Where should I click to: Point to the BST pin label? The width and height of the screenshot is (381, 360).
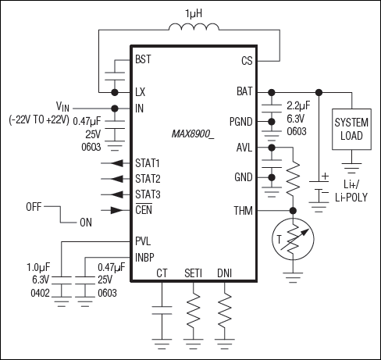pyautogui.click(x=143, y=59)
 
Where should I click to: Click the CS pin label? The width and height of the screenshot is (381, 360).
pyautogui.click(x=246, y=59)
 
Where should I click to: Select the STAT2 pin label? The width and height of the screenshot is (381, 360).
pyautogui.click(x=147, y=179)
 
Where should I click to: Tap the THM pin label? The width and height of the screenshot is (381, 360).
pyautogui.click(x=243, y=210)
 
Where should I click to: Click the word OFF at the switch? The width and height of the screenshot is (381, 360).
pyautogui.click(x=33, y=208)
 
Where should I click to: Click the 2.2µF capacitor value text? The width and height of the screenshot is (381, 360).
pyautogui.click(x=299, y=105)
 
